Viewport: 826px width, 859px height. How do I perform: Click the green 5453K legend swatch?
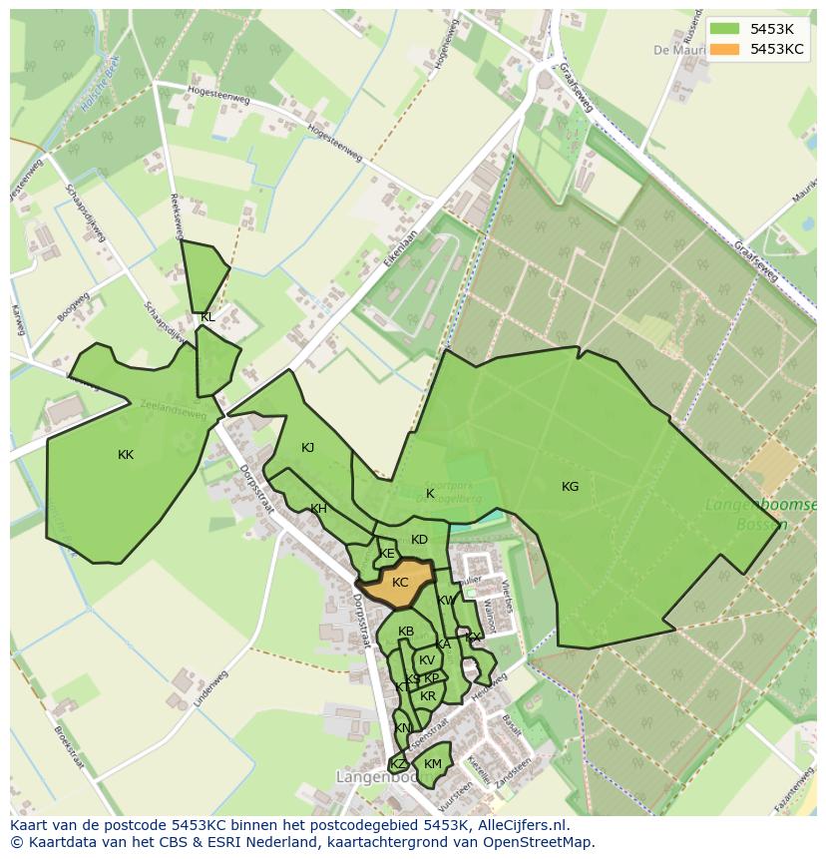click(x=724, y=28)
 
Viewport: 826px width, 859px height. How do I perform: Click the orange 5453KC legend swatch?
click(x=724, y=49)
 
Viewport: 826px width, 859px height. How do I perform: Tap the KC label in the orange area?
click(x=400, y=583)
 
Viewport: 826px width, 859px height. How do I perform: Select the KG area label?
click(x=570, y=487)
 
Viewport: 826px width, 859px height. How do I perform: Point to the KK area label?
click(x=126, y=455)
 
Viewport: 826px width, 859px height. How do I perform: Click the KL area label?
click(x=207, y=317)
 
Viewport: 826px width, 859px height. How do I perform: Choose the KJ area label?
click(x=308, y=448)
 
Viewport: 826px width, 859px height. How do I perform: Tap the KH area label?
click(x=318, y=509)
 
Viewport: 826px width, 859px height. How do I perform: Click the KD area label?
click(x=419, y=540)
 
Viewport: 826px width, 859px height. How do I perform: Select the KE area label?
click(x=387, y=554)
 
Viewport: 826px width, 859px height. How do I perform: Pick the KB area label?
click(x=406, y=632)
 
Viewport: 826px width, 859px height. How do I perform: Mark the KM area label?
click(x=432, y=764)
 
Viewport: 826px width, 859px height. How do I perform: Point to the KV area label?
click(x=427, y=660)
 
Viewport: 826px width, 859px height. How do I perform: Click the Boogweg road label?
click(x=73, y=307)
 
